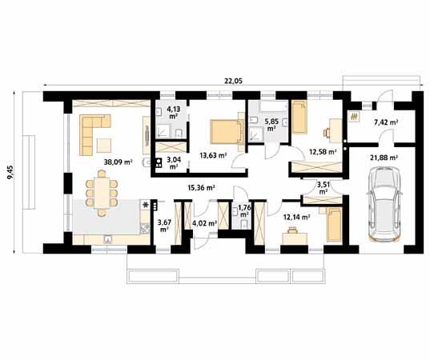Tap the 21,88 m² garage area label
(x=385, y=157)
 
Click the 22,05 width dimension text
(x=235, y=79)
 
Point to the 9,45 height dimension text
(x=10, y=170)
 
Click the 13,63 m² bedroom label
(x=212, y=156)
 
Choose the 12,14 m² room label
(x=296, y=216)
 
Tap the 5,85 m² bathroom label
(x=271, y=124)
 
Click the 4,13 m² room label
(x=173, y=112)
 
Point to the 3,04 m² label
(x=173, y=163)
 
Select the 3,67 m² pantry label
(x=165, y=225)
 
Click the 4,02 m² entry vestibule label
(x=205, y=224)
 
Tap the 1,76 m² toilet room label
(x=243, y=212)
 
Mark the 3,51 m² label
(x=323, y=188)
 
